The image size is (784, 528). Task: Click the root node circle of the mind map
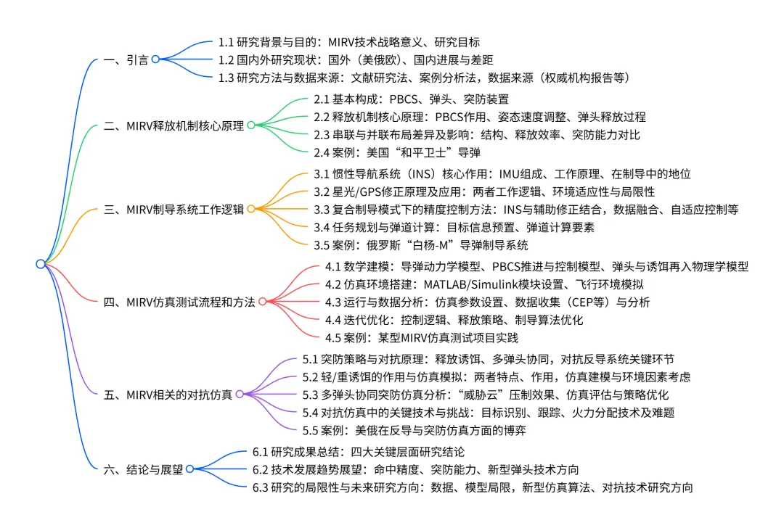41,264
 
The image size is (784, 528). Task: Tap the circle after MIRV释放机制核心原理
251,125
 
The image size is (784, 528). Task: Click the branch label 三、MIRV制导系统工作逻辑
173,209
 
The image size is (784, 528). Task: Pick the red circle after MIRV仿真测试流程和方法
262,302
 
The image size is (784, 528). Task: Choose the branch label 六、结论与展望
144,469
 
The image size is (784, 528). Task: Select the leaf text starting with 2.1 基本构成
411,99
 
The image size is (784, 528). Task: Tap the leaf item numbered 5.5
414,430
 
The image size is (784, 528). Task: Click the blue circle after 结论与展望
189,469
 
